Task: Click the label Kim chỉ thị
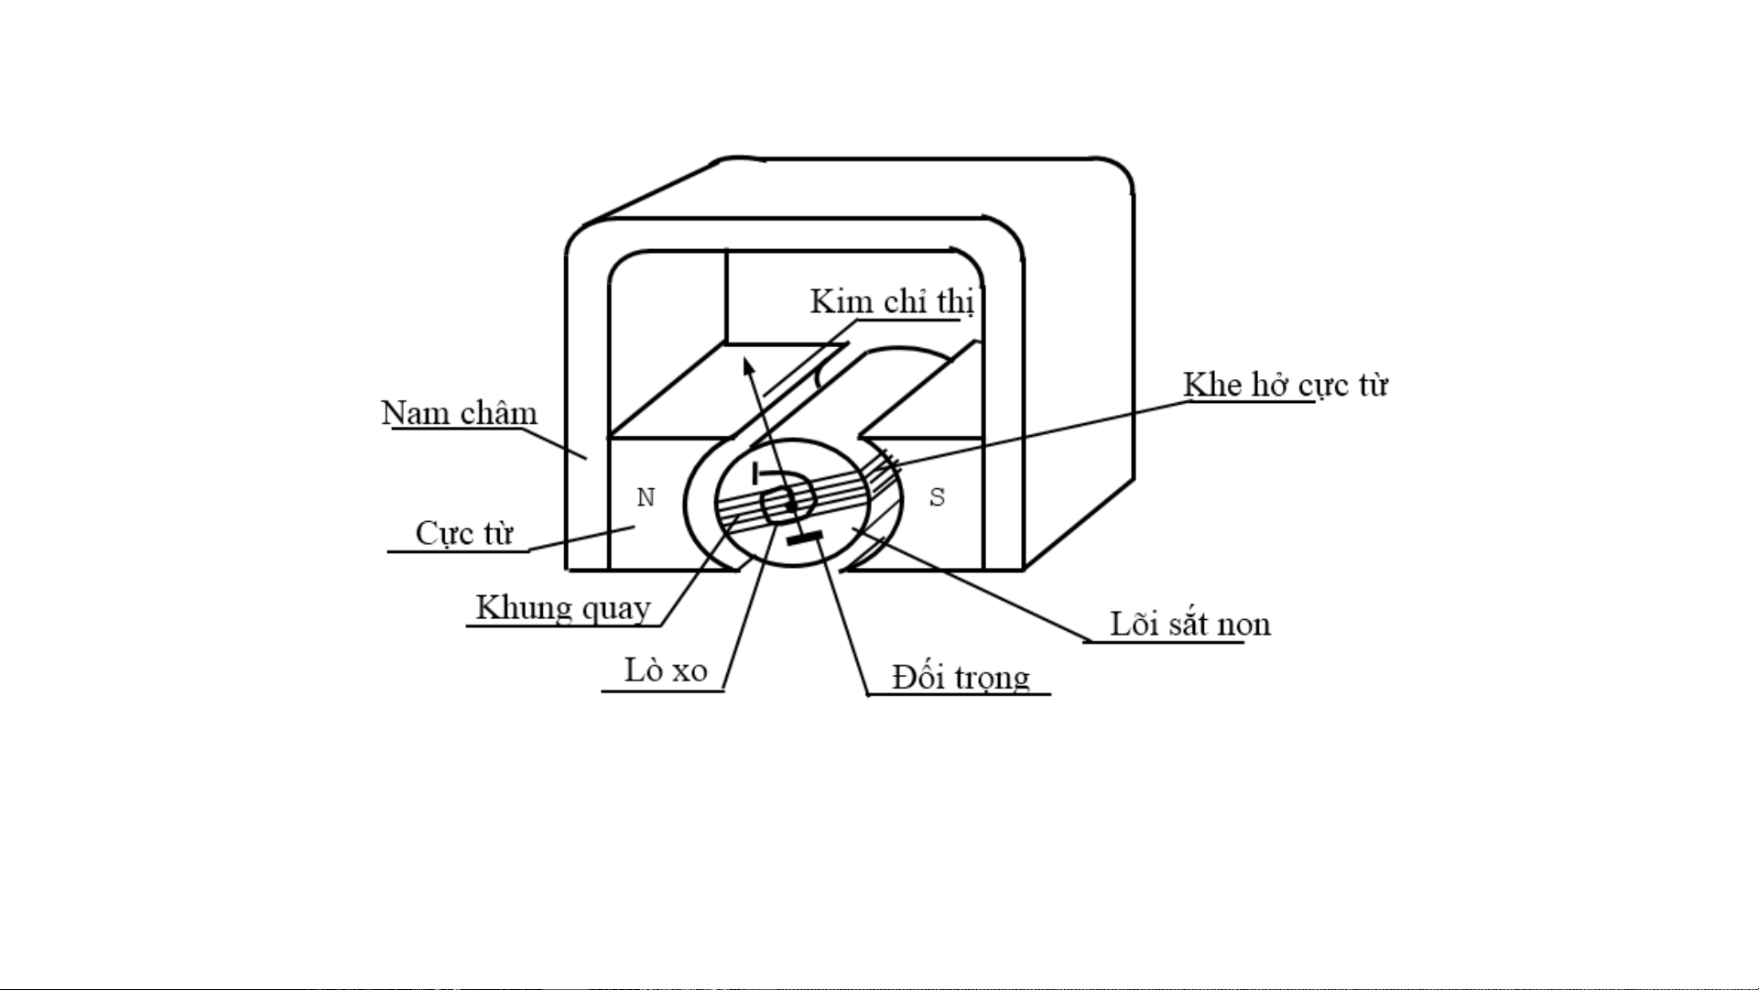tap(891, 302)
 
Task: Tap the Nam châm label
tap(459, 413)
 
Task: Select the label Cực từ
tap(464, 534)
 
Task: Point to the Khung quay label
tap(563, 608)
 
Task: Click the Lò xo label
tap(666, 670)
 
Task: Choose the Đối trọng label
tap(961, 678)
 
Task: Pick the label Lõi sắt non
tap(1189, 624)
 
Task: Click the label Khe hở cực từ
tap(1285, 386)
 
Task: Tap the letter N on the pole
tap(646, 497)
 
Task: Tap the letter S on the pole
tap(937, 497)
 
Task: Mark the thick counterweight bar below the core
tap(805, 538)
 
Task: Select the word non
tap(1243, 626)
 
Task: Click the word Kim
tap(837, 301)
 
